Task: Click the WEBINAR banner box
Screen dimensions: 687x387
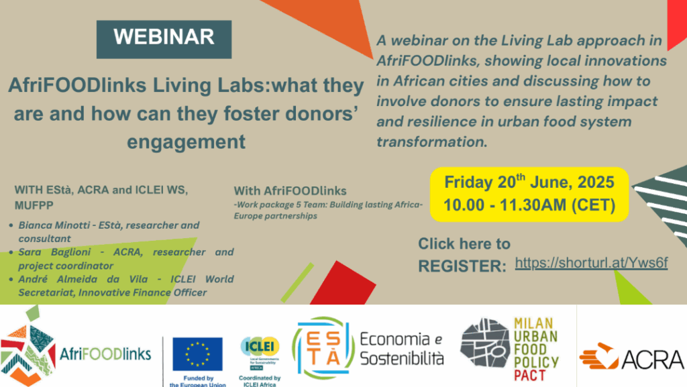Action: point(164,40)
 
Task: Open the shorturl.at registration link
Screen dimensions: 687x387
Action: point(591,263)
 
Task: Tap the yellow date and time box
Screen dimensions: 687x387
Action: point(529,194)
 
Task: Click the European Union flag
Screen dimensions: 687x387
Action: point(197,353)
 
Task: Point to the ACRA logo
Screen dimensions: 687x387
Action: point(631,357)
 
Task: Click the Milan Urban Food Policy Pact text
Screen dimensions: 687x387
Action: point(536,349)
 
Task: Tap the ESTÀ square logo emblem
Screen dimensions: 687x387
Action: point(323,348)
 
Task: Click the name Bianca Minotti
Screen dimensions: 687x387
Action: point(54,225)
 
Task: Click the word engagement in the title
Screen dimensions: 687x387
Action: point(187,142)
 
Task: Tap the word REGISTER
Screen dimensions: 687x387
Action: point(462,266)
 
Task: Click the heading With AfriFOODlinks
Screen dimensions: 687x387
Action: point(290,191)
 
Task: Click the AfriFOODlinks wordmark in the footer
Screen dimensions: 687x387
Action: point(105,353)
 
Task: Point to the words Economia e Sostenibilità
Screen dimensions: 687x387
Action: point(402,349)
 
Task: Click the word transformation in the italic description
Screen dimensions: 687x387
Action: point(431,142)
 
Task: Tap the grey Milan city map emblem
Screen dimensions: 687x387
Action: point(484,343)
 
